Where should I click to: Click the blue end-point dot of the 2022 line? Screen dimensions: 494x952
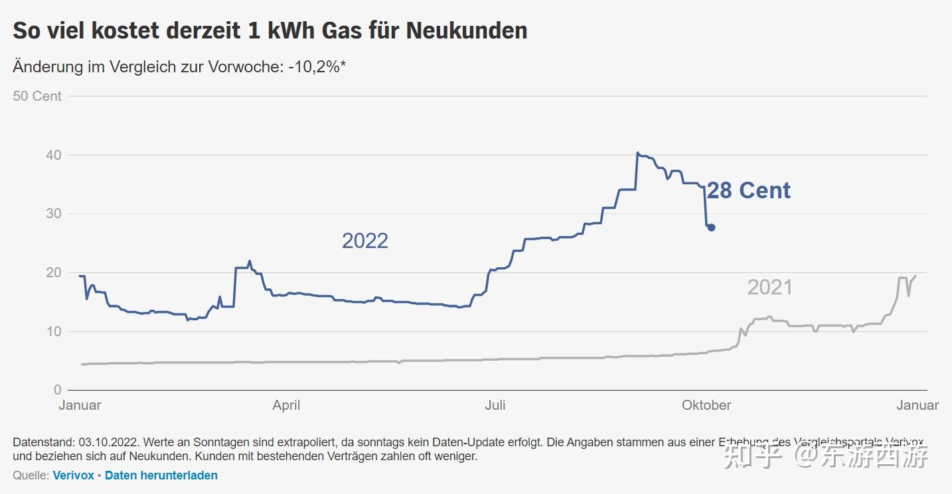click(711, 227)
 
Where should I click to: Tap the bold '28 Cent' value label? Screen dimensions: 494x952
click(748, 191)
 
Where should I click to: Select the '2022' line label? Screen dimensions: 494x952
click(364, 241)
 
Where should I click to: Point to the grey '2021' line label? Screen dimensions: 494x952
click(769, 287)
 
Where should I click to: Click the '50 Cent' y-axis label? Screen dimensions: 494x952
click(37, 96)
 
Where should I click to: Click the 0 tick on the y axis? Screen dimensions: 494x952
click(58, 390)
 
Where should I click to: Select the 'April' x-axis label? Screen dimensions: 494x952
click(286, 405)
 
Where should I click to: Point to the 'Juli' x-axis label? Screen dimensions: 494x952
click(495, 405)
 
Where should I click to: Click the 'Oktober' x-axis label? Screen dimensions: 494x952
click(706, 405)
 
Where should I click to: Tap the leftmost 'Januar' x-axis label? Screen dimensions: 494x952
click(80, 405)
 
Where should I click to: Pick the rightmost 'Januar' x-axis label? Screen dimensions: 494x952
click(917, 405)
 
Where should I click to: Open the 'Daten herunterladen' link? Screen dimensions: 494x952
click(161, 475)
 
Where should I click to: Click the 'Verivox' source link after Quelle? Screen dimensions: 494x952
click(73, 475)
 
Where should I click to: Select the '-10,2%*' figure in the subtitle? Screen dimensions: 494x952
click(317, 67)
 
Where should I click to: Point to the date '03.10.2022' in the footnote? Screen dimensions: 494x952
click(108, 442)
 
